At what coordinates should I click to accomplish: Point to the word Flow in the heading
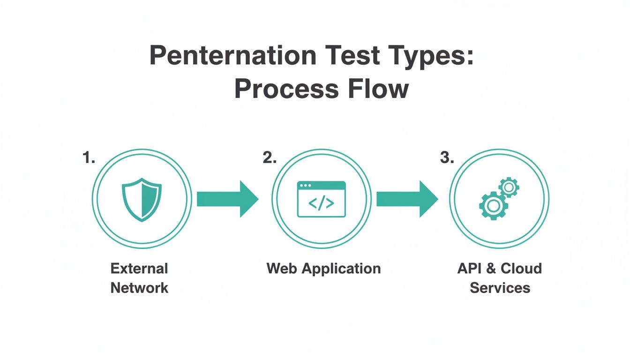tap(379, 89)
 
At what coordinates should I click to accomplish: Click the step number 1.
tap(89, 158)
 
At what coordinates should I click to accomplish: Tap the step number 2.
tap(270, 158)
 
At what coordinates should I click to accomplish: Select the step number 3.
tap(447, 158)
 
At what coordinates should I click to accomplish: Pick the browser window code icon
tap(322, 199)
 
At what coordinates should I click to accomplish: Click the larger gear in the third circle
tap(492, 206)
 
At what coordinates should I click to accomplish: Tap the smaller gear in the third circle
tap(509, 187)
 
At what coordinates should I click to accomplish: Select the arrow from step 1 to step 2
tap(227, 199)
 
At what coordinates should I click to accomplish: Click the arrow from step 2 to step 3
tap(407, 199)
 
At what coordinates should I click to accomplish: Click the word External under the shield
tap(139, 269)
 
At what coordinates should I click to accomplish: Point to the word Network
tap(139, 287)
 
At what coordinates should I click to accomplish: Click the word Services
tap(500, 287)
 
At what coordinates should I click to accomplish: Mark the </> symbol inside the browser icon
tap(322, 203)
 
